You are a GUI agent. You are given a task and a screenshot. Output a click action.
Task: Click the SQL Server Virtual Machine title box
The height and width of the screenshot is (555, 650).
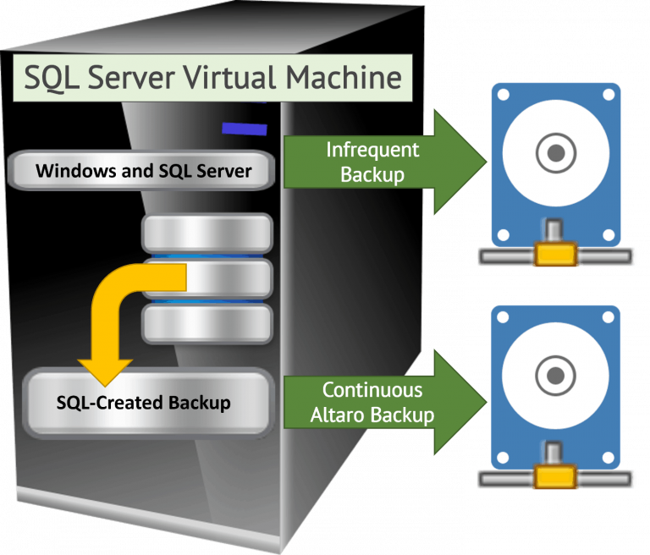click(212, 79)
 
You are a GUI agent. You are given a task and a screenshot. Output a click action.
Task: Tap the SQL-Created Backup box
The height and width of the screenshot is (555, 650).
click(143, 402)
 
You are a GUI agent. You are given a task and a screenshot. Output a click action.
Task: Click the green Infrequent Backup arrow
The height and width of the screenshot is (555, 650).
click(372, 162)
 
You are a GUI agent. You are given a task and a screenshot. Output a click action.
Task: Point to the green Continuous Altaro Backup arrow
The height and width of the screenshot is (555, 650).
click(372, 403)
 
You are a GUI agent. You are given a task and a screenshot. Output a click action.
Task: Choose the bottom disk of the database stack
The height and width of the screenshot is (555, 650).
click(207, 323)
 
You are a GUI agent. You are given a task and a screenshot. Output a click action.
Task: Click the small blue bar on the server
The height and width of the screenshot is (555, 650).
click(245, 129)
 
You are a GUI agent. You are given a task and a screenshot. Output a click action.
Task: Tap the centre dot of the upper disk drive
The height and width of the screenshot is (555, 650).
click(554, 153)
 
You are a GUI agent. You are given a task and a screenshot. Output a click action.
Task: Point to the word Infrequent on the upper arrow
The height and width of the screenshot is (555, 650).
click(373, 151)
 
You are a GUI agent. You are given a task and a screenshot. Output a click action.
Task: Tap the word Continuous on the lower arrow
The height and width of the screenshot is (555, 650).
click(373, 391)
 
